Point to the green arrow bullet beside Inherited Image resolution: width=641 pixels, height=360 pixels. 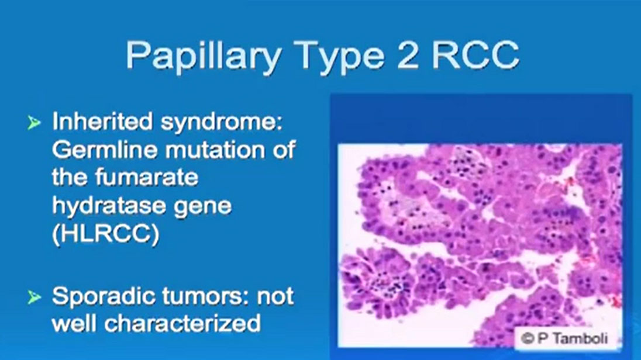pyautogui.click(x=35, y=122)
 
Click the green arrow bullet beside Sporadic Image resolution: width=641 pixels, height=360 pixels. pyautogui.click(x=35, y=297)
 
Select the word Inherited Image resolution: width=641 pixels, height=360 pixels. pyautogui.click(x=102, y=122)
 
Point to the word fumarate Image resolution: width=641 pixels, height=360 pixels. pyautogui.click(x=147, y=177)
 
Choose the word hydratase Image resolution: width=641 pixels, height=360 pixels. pyautogui.click(x=109, y=206)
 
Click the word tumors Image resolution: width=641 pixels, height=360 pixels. pyautogui.click(x=205, y=296)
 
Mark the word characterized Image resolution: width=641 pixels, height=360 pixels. pyautogui.click(x=182, y=324)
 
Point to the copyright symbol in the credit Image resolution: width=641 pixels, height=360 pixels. pyautogui.click(x=528, y=339)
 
